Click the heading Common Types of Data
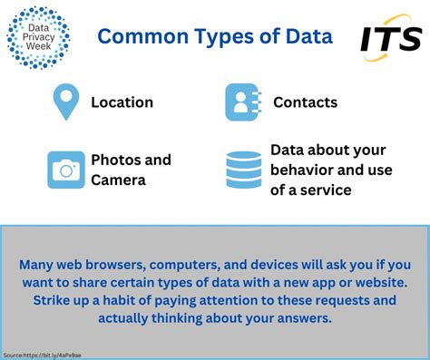(214, 36)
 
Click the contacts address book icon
(242, 102)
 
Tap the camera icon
(66, 170)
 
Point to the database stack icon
(242, 170)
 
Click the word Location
(122, 102)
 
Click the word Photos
(115, 160)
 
